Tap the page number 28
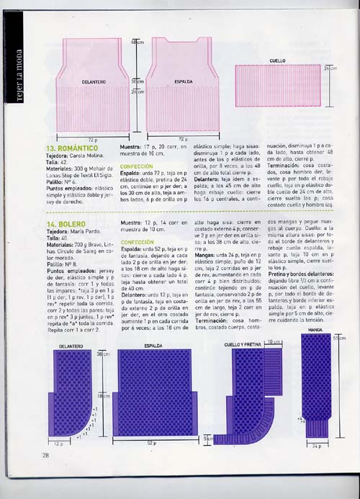click(45, 454)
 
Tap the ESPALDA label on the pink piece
click(183, 83)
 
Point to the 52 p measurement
click(152, 443)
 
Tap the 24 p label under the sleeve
click(315, 446)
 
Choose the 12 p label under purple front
click(61, 443)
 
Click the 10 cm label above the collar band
click(273, 342)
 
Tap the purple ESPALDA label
click(153, 346)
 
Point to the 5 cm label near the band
click(208, 438)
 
